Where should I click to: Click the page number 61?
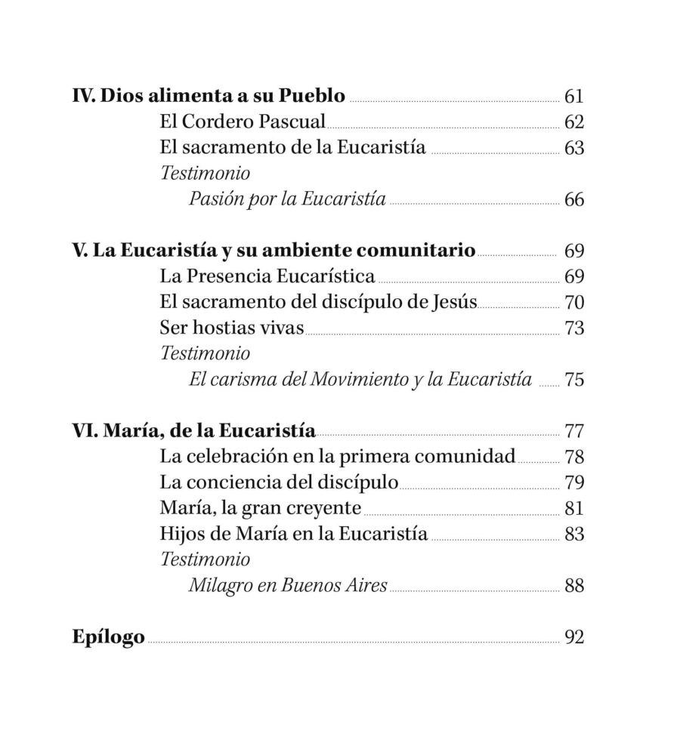[x=574, y=97]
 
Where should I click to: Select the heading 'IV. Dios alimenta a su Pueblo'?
[x=209, y=97]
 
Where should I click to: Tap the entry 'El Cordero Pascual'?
[x=243, y=122]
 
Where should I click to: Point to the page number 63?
[x=574, y=148]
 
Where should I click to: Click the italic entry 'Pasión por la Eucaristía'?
[x=288, y=199]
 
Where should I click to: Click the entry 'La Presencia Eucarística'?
[x=267, y=276]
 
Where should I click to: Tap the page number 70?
[x=574, y=302]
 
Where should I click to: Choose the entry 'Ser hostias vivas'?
[x=231, y=328]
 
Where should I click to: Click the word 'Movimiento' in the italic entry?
[x=366, y=379]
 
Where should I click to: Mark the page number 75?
[x=574, y=379]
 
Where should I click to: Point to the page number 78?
[x=574, y=457]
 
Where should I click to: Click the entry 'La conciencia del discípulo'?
[x=280, y=482]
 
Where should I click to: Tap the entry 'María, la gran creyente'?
[x=261, y=508]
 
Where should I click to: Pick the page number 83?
[x=574, y=534]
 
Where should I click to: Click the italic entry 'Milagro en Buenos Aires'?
[x=288, y=585]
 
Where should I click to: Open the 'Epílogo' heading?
[x=109, y=636]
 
